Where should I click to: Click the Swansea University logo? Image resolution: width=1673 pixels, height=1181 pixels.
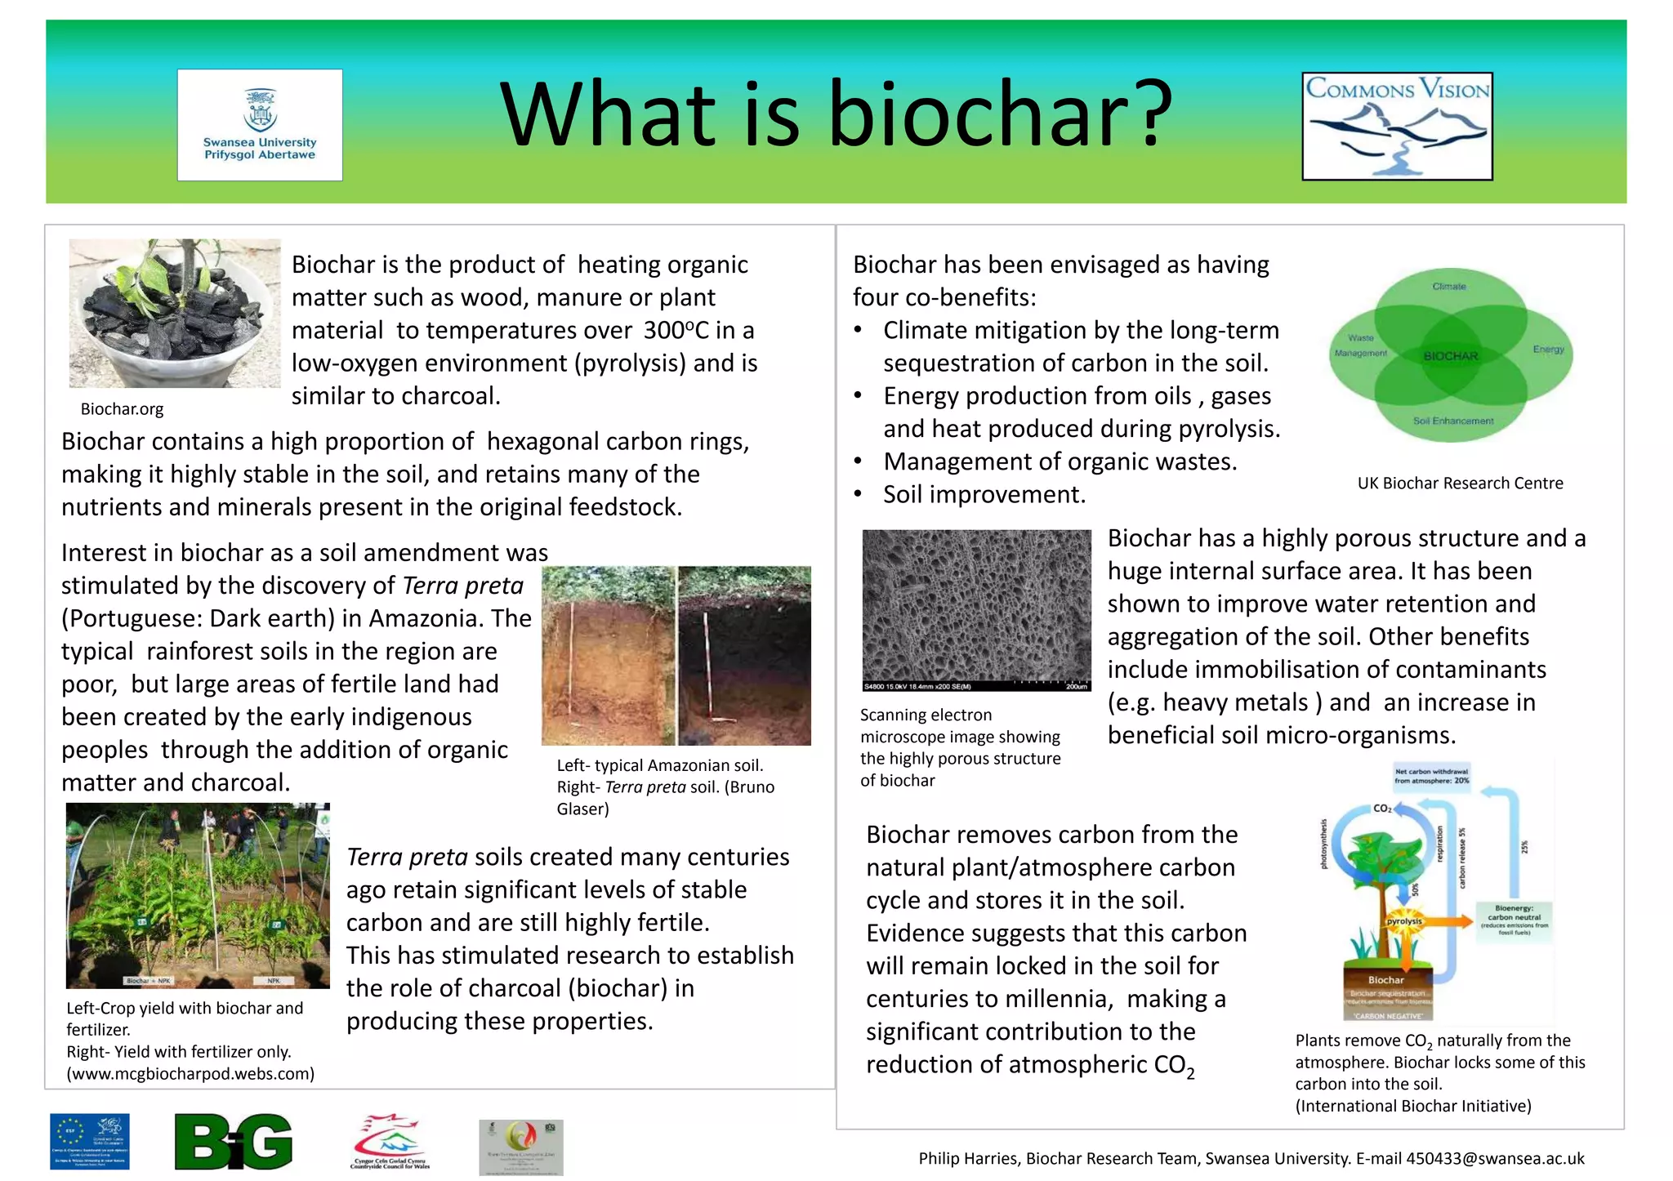click(x=260, y=125)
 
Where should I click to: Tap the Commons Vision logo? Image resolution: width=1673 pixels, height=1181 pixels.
click(x=1397, y=126)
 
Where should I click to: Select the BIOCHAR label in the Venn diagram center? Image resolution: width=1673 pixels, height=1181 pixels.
click(x=1451, y=356)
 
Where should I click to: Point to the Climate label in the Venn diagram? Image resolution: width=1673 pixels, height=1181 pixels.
click(x=1449, y=287)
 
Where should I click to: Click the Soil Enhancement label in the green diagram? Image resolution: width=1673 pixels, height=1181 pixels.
click(x=1453, y=421)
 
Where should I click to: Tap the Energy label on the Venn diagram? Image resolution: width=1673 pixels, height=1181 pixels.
click(x=1548, y=350)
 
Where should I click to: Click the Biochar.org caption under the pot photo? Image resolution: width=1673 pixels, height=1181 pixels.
click(x=122, y=409)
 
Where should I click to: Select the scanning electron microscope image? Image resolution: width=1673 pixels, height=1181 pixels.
click(x=976, y=610)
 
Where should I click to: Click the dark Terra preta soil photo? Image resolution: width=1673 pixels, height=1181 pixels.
click(x=745, y=656)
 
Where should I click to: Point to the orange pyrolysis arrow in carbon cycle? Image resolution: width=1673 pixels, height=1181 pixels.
click(x=1450, y=920)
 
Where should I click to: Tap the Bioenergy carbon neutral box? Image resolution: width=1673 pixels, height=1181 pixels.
click(x=1514, y=921)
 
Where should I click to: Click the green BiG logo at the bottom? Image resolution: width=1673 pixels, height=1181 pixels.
click(x=234, y=1142)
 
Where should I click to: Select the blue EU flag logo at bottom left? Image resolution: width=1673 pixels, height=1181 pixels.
click(x=90, y=1142)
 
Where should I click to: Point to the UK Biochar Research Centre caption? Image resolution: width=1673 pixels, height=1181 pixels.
click(x=1460, y=484)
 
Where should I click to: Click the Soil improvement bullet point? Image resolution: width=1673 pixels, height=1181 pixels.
click(x=984, y=495)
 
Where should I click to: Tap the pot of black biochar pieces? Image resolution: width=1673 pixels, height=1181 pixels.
click(x=174, y=314)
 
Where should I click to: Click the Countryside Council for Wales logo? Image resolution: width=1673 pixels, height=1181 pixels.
click(x=390, y=1142)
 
